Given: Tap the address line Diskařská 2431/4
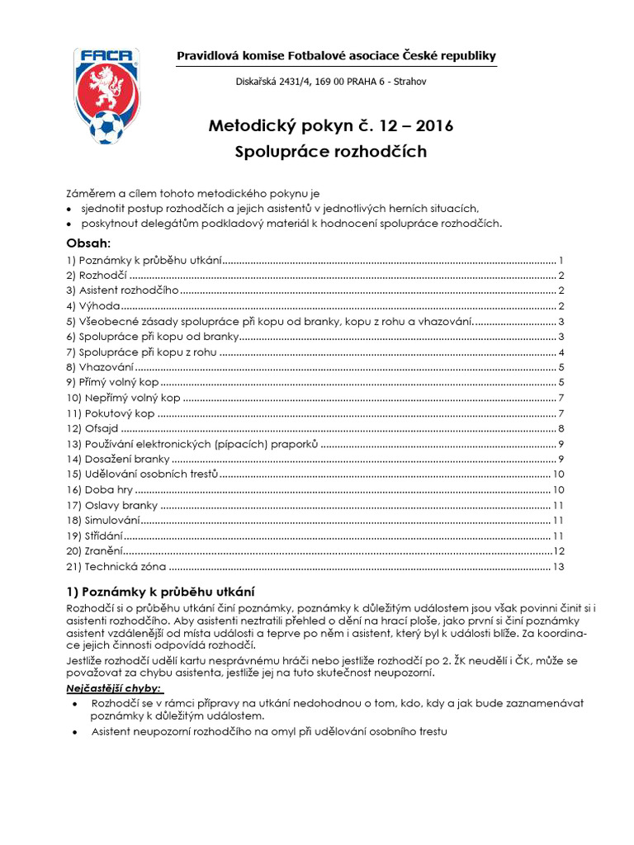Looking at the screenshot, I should (332, 82).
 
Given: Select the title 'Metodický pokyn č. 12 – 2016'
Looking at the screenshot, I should (330, 126).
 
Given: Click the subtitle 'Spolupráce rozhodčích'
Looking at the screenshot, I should (330, 153).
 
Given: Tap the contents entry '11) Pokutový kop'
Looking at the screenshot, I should (111, 413).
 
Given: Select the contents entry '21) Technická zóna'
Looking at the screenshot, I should (116, 566).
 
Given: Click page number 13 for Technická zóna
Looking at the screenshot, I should (558, 566).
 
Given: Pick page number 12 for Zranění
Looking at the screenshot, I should (558, 550).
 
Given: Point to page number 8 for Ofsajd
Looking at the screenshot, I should (561, 428).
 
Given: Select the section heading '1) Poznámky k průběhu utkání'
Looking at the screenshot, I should (160, 592).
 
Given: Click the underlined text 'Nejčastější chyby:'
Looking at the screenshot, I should (115, 688).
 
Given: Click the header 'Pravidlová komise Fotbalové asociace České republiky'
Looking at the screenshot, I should (337, 55).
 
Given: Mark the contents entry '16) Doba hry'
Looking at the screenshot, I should (99, 489).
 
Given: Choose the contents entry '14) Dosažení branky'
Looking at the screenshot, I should (118, 459).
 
